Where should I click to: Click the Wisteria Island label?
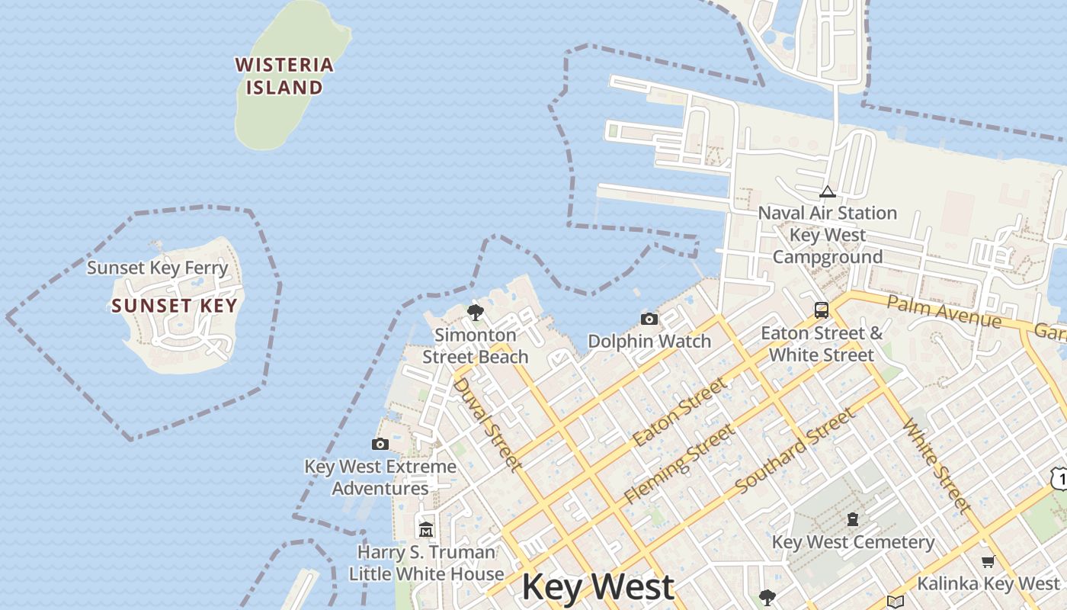tap(284, 76)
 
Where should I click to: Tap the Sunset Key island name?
tap(175, 306)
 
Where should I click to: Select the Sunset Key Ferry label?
tap(157, 268)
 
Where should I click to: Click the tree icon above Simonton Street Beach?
tap(476, 312)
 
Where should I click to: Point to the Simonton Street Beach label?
tap(476, 345)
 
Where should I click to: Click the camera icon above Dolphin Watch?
tap(649, 319)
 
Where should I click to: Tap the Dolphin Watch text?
tap(649, 341)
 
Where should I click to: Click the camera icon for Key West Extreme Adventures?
tap(380, 444)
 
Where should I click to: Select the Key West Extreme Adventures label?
tap(380, 477)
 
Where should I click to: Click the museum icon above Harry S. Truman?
tap(426, 528)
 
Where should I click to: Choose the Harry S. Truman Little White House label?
tap(427, 563)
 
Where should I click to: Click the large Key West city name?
tap(598, 587)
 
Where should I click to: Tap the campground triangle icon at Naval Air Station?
tap(827, 191)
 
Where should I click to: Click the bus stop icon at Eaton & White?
tap(822, 310)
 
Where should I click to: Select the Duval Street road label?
tap(488, 424)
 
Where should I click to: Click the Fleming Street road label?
tap(680, 464)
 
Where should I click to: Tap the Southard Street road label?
tap(796, 450)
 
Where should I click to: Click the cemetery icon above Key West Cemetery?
tap(853, 520)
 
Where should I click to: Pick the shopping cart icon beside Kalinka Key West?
tap(988, 562)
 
